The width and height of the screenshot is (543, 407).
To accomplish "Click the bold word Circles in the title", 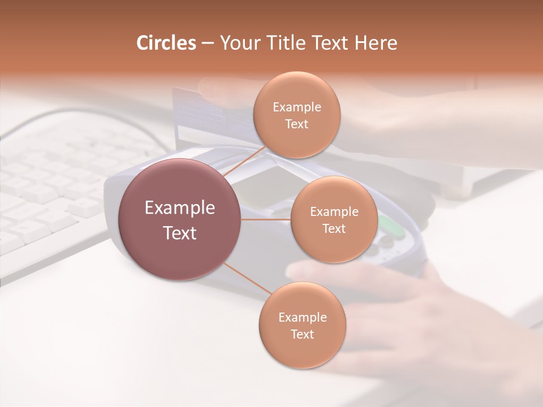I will [166, 43].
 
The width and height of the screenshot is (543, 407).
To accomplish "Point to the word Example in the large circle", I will [180, 208].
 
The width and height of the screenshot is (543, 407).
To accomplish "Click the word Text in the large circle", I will [180, 233].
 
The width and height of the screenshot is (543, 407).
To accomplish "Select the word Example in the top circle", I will [296, 107].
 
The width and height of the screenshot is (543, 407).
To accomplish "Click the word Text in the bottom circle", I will [302, 334].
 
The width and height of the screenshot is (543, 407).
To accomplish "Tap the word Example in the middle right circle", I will [334, 212].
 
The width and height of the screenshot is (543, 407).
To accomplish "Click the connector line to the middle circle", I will [266, 219].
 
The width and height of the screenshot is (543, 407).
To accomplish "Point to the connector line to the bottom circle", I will [247, 280].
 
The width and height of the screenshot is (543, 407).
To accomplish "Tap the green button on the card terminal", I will [390, 226].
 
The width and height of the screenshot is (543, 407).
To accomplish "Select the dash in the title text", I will [207, 44].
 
